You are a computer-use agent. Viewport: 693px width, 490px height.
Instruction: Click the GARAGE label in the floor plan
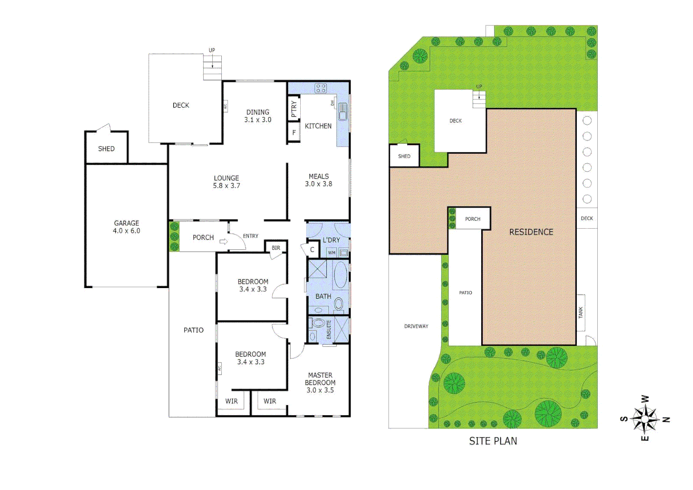[127, 227]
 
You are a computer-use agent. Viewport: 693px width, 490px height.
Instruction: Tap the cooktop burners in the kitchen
[321, 88]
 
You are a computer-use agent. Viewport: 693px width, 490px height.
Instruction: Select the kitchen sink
[342, 111]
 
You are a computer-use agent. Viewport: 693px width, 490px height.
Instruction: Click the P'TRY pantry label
[294, 109]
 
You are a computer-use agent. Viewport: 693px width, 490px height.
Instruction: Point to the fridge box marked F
[294, 133]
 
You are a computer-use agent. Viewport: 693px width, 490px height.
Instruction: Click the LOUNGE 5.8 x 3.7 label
[226, 182]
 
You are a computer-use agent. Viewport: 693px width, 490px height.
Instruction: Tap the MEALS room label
[318, 180]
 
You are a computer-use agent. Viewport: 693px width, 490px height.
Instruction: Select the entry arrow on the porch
[223, 241]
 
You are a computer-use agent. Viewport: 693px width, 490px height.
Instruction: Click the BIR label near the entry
[276, 248]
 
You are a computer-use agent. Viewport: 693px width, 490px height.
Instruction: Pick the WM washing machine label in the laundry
[332, 253]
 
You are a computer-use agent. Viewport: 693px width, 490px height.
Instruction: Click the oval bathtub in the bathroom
[340, 275]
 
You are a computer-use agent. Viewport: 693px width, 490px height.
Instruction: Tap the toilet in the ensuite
[318, 323]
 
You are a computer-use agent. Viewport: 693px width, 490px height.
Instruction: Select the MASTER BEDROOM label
[320, 382]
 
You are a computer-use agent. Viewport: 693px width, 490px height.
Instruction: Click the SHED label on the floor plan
[106, 149]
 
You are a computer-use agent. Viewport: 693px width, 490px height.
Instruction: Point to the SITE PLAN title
[493, 441]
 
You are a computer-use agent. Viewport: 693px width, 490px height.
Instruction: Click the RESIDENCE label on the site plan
[531, 232]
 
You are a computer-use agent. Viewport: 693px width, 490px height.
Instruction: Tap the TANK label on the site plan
[581, 312]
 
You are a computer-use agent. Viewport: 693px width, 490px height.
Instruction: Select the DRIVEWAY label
[416, 326]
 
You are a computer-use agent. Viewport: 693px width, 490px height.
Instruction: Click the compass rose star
[645, 419]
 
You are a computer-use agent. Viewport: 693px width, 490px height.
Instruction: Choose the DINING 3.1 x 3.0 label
[258, 116]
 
